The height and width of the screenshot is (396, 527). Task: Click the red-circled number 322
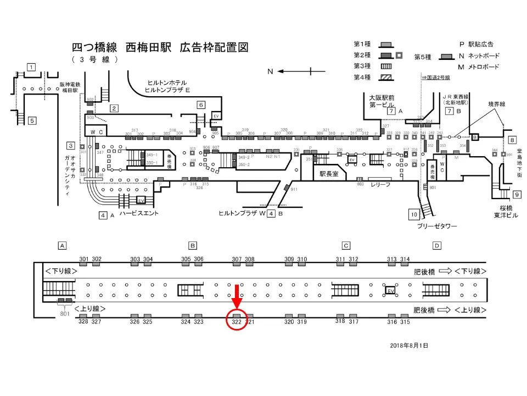(237, 322)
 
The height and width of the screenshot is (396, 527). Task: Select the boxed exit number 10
(414, 214)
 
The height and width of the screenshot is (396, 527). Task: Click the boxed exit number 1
(31, 67)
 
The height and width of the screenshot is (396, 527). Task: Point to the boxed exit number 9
(517, 194)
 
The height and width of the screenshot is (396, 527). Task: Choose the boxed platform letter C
(346, 245)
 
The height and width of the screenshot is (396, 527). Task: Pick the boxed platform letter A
(63, 245)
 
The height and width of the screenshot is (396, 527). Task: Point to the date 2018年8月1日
(408, 345)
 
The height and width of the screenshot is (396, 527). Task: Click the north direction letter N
(270, 71)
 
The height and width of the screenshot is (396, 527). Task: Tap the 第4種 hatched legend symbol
(387, 78)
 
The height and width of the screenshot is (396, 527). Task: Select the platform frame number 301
(84, 259)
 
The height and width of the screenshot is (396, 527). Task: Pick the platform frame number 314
(405, 259)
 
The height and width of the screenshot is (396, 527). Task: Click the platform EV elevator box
(391, 290)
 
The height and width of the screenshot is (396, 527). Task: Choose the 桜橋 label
(501, 208)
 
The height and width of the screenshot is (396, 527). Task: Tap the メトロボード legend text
(483, 67)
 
